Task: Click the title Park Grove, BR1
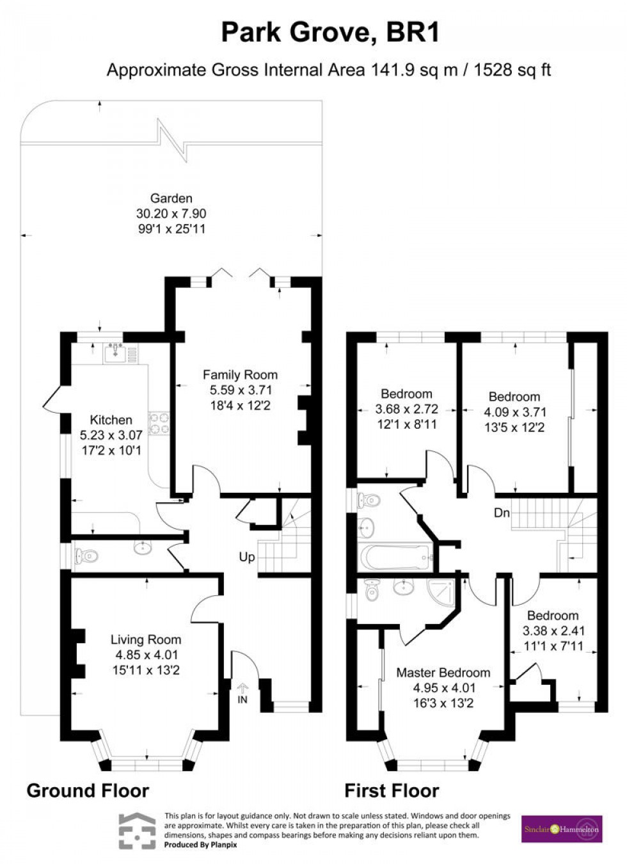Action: pyautogui.click(x=330, y=32)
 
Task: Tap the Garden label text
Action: pyautogui.click(x=171, y=198)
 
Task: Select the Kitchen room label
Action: pyautogui.click(x=111, y=420)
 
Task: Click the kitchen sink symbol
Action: pyautogui.click(x=115, y=351)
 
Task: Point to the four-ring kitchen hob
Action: pyautogui.click(x=159, y=423)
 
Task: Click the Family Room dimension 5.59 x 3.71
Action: pyautogui.click(x=240, y=390)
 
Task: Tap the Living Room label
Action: pyautogui.click(x=145, y=639)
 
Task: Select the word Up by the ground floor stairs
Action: pyautogui.click(x=246, y=557)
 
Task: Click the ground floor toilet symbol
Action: pyautogui.click(x=87, y=556)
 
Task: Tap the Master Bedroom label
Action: pyautogui.click(x=443, y=673)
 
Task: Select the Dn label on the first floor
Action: pyautogui.click(x=502, y=513)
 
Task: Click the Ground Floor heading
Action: pyautogui.click(x=88, y=791)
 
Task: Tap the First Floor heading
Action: pyautogui.click(x=392, y=791)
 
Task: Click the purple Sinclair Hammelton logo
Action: pyautogui.click(x=561, y=829)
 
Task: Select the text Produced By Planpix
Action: pyautogui.click(x=200, y=845)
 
